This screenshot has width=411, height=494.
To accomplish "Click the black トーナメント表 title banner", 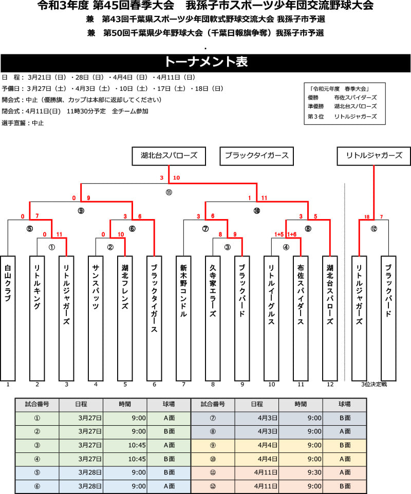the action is point(206,63).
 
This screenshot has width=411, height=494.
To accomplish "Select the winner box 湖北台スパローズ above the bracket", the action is point(169,156).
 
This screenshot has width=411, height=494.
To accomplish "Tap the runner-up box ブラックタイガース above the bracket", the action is point(256,156).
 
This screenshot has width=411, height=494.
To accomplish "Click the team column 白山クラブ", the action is point(8,318).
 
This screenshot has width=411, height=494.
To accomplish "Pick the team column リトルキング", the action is point(37,318).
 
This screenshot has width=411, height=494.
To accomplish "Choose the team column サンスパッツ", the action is point(96,318).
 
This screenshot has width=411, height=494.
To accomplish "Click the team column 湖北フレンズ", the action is point(125,318).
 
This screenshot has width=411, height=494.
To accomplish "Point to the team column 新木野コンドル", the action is point(183,318).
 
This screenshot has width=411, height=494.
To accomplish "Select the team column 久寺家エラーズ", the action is point(213,318).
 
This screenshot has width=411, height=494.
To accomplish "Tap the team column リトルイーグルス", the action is point(272,318).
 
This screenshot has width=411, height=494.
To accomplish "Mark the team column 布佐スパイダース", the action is point(301,318).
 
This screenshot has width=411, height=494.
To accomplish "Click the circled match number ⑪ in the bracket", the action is point(169,192).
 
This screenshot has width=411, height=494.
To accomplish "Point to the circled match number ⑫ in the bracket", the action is point(374,229).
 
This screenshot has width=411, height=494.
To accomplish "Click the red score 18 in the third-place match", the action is point(366,217).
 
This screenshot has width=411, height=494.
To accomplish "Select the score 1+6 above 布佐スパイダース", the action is point(292,234).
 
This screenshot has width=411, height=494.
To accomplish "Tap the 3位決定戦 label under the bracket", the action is point(374,384).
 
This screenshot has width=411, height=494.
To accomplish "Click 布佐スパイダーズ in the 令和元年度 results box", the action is point(356,97).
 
